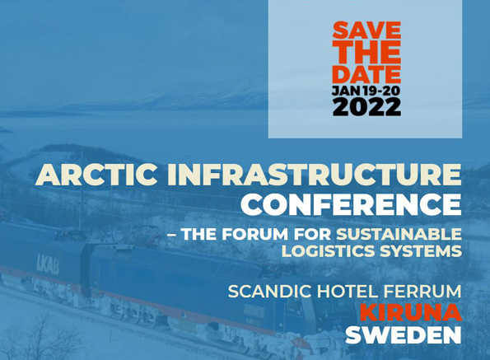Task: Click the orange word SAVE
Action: click(x=366, y=30)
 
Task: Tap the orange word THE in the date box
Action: click(x=366, y=52)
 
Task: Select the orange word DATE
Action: click(x=366, y=74)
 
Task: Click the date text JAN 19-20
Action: click(x=366, y=91)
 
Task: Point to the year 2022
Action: click(x=366, y=107)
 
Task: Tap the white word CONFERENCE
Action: click(x=352, y=204)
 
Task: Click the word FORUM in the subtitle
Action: click(x=254, y=235)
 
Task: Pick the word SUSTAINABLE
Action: click(x=399, y=235)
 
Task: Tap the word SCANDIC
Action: click(x=270, y=292)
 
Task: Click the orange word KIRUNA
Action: click(x=411, y=313)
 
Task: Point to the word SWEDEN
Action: click(x=404, y=334)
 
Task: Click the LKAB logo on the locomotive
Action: click(x=48, y=264)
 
